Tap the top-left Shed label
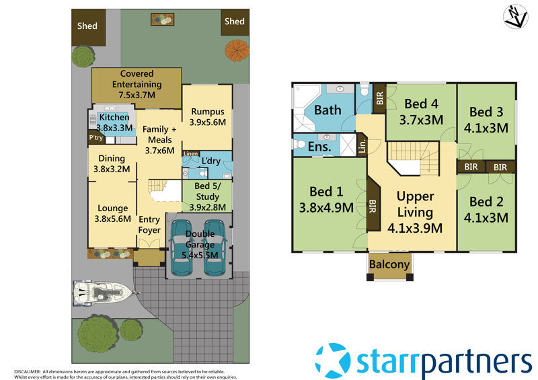coord(87,26)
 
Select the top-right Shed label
coord(234,22)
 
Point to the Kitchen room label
coord(114,118)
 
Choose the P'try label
coord(95,139)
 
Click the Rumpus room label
coord(208,112)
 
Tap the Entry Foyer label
coord(149,225)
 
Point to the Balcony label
coord(389,264)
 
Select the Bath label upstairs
coord(328,110)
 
